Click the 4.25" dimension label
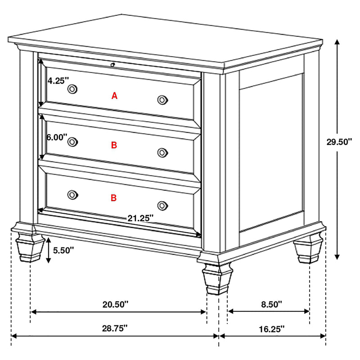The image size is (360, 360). pyautogui.click(x=58, y=81)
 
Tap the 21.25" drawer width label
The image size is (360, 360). pyautogui.click(x=140, y=218)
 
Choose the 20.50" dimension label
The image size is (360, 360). pyautogui.click(x=115, y=304)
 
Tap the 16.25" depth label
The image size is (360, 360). pyautogui.click(x=271, y=328)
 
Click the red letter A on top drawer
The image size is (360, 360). pyautogui.click(x=114, y=95)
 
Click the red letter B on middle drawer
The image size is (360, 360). pyautogui.click(x=114, y=145)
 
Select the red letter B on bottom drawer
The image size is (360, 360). pyautogui.click(x=114, y=198)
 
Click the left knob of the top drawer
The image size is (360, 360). pyautogui.click(x=72, y=89)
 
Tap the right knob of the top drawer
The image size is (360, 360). pyautogui.click(x=163, y=100)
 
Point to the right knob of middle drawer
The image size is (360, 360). pyautogui.click(x=162, y=153)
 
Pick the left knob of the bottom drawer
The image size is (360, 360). pyautogui.click(x=72, y=194)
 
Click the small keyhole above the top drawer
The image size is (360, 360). pyautogui.click(x=112, y=65)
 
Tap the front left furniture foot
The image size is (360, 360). pyautogui.click(x=27, y=247)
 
